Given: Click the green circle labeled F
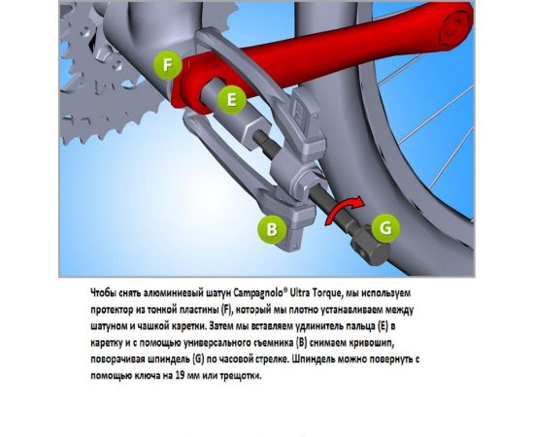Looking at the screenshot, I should click(x=169, y=66).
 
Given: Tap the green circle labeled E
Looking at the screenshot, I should click(x=230, y=98).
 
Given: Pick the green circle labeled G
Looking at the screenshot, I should click(x=385, y=227).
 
